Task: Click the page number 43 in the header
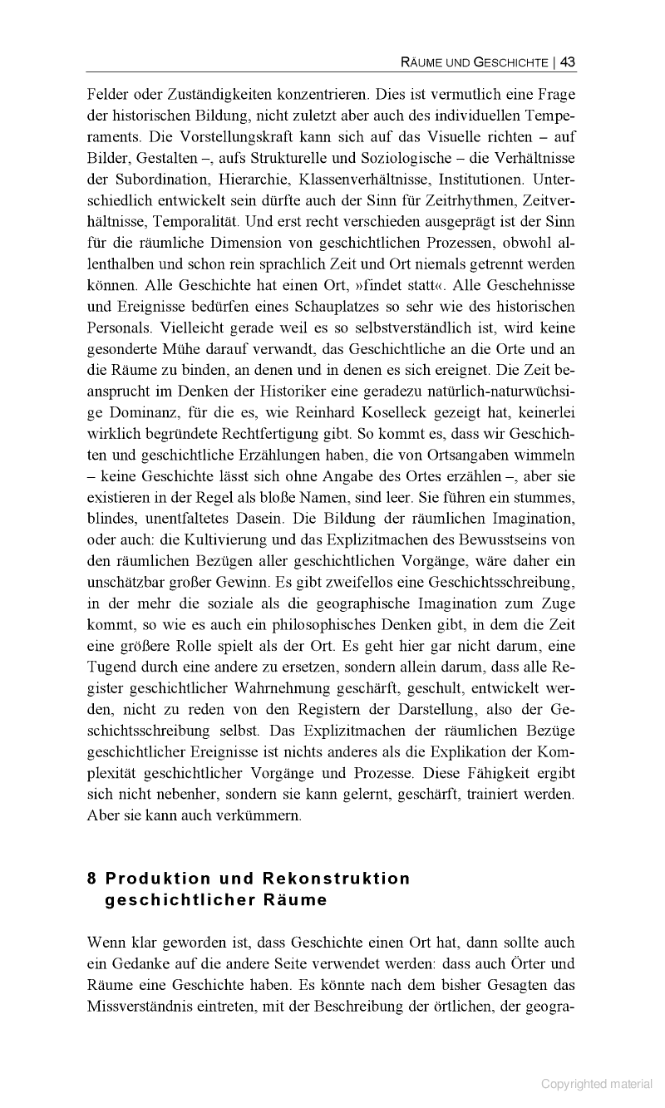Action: coord(568,62)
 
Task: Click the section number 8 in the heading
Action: coord(91,879)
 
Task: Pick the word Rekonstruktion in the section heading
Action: coord(337,879)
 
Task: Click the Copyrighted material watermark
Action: coord(597,1083)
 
